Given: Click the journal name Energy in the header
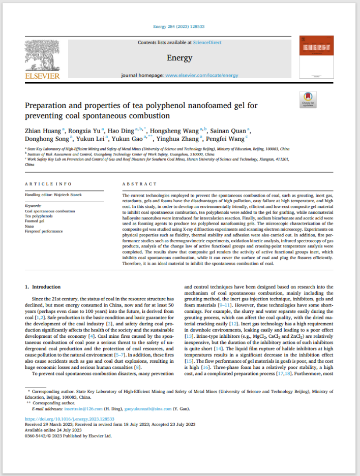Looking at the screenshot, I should [x=179, y=58].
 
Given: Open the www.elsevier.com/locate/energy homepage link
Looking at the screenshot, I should [x=201, y=75].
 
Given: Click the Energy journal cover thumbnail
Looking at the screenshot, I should [x=316, y=56].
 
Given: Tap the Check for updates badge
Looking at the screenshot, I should [x=308, y=99].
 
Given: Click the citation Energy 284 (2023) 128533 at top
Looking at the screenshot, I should [x=179, y=27].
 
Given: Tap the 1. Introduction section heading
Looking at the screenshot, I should [x=43, y=287].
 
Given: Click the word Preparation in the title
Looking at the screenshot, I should [x=47, y=106].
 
